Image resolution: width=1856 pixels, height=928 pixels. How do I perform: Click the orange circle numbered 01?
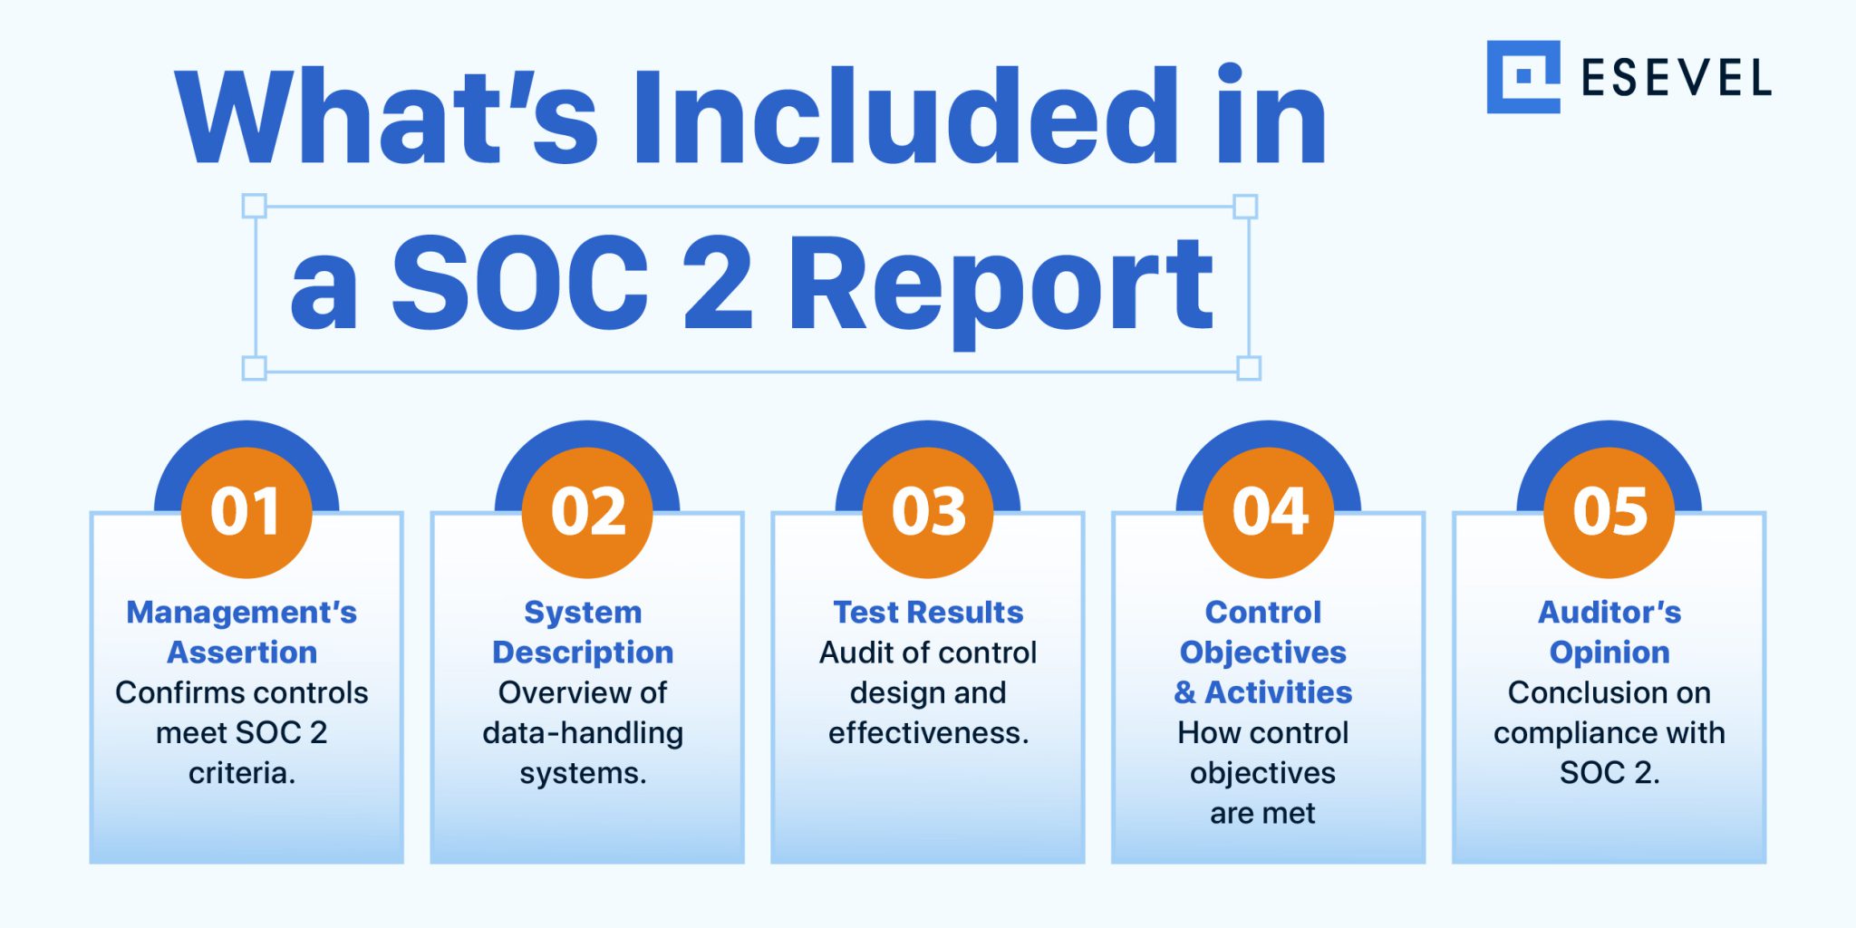pyautogui.click(x=246, y=513)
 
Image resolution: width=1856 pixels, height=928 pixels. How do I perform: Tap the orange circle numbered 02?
pyautogui.click(x=587, y=513)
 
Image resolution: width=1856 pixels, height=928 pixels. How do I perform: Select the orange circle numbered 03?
pyautogui.click(x=928, y=513)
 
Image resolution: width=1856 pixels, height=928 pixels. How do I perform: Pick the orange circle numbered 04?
pyautogui.click(x=1269, y=513)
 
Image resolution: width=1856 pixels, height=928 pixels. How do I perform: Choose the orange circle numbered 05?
pyautogui.click(x=1609, y=513)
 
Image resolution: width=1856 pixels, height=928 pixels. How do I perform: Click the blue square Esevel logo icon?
pyautogui.click(x=1523, y=77)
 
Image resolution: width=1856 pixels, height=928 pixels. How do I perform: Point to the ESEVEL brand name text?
pyautogui.click(x=1677, y=78)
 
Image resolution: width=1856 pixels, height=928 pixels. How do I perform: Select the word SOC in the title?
pyautogui.click(x=520, y=282)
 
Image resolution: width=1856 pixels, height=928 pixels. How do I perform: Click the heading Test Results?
pyautogui.click(x=928, y=613)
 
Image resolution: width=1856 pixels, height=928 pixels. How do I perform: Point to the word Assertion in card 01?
pyautogui.click(x=242, y=652)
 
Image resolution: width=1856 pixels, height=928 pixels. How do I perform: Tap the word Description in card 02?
pyautogui.click(x=583, y=653)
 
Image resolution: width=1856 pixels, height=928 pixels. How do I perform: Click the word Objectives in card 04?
pyautogui.click(x=1263, y=653)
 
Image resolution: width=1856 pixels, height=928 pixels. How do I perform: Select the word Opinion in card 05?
pyautogui.click(x=1609, y=653)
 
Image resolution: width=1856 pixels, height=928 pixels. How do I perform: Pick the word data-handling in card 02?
pyautogui.click(x=583, y=733)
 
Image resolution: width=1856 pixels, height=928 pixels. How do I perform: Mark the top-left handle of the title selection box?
pyautogui.click(x=255, y=206)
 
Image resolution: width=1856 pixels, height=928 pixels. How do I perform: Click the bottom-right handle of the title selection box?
pyautogui.click(x=1249, y=368)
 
